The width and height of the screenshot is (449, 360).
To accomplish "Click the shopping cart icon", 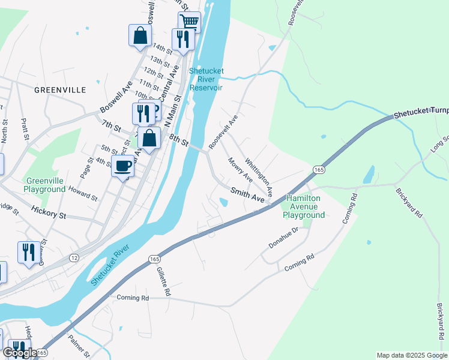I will [189, 22].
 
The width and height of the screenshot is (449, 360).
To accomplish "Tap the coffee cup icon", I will [123, 166].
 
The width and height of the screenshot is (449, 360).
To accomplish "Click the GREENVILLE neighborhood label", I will [60, 90].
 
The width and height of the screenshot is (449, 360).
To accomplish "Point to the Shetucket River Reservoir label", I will [206, 79].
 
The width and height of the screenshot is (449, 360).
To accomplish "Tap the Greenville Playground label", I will [44, 184].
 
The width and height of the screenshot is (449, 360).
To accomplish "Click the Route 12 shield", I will [74, 257].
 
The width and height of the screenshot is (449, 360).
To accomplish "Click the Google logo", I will [20, 353].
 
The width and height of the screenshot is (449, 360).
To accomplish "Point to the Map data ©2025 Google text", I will [411, 355].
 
